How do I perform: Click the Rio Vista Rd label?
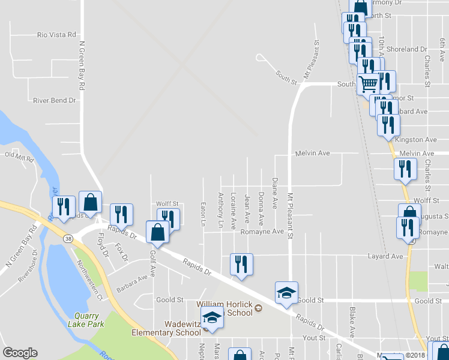(56, 35)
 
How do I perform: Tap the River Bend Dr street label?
(55, 100)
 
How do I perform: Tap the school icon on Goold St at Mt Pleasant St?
(287, 293)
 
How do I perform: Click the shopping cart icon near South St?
(368, 83)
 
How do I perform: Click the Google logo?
(20, 353)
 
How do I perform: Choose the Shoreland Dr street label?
(408, 49)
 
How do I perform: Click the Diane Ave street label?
(275, 193)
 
